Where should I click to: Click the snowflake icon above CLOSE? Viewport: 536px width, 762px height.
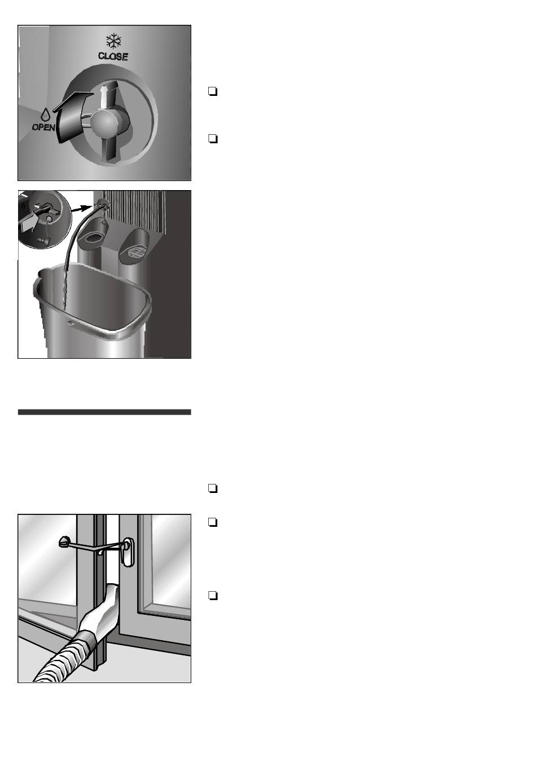(x=113, y=41)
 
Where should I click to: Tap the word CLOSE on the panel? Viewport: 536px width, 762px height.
(x=113, y=56)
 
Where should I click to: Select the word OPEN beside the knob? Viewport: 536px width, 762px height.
(x=43, y=127)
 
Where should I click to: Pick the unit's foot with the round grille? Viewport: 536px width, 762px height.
(x=134, y=245)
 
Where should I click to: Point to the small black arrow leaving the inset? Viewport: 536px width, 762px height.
(x=84, y=209)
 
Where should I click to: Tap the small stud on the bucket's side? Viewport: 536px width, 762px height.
(x=71, y=323)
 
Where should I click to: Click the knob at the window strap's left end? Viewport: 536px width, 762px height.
(x=65, y=542)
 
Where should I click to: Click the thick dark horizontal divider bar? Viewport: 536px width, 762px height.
(x=104, y=412)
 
